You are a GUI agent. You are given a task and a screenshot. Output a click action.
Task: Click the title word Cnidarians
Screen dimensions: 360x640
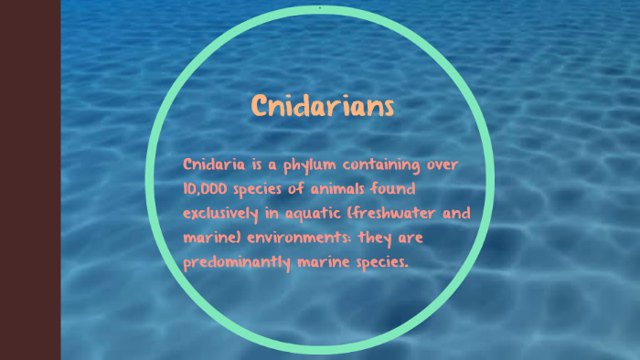(323, 106)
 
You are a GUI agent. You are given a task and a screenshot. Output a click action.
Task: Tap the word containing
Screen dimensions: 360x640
(386, 166)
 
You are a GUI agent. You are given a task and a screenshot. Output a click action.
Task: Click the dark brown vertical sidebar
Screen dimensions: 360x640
(30, 180)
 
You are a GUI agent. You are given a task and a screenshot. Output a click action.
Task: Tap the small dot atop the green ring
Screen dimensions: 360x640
(320, 8)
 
